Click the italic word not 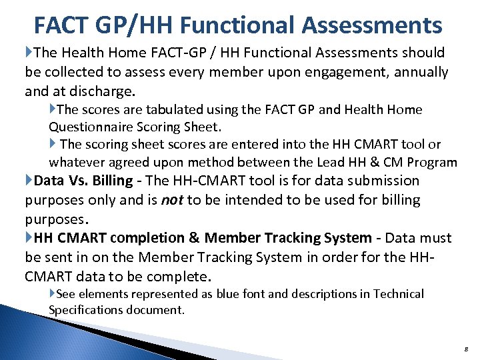(173, 199)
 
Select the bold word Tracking (297, 238)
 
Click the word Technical (398, 294)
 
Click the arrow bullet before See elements (53, 294)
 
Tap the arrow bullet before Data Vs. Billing (29, 181)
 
